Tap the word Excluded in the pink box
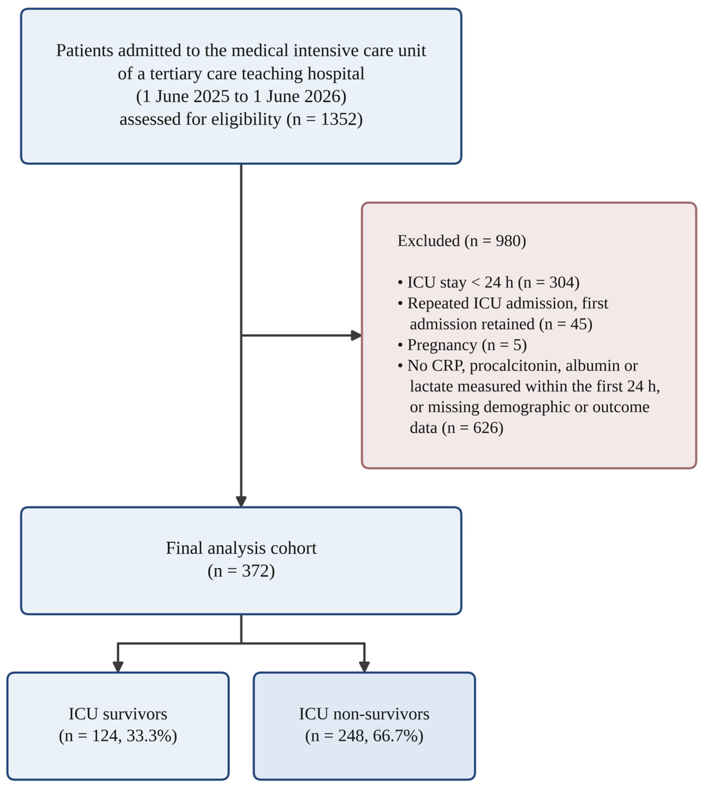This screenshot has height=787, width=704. click(429, 241)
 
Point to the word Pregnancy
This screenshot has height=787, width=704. click(442, 345)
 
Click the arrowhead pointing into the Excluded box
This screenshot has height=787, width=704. click(356, 335)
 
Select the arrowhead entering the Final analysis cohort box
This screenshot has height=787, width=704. click(241, 501)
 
